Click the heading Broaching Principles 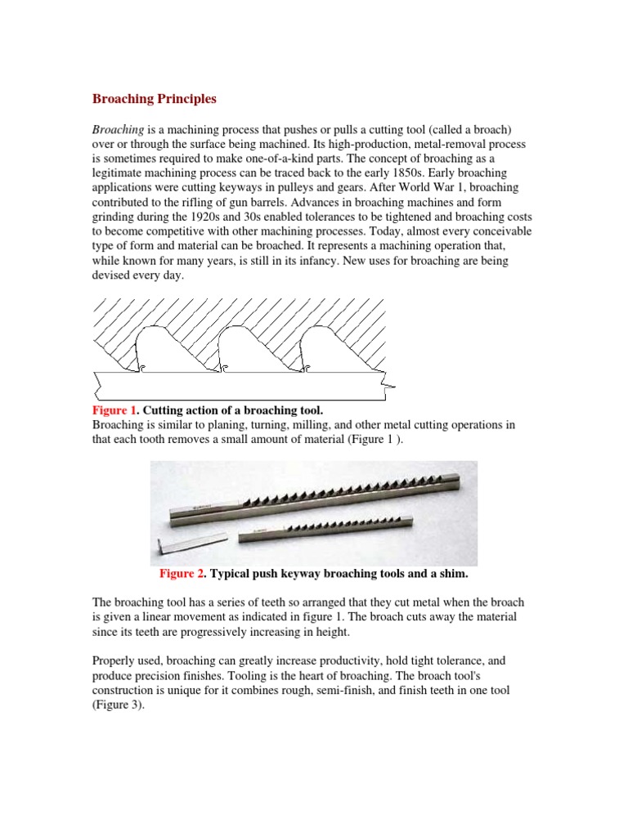point(154,99)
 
